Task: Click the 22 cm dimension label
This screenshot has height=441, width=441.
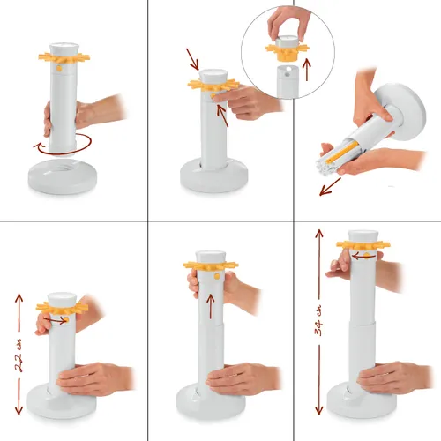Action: [x=19, y=355]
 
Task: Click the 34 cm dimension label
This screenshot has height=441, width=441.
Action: [x=318, y=321]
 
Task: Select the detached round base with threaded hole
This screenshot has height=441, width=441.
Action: [x=63, y=176]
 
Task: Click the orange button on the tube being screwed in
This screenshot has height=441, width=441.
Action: [x=59, y=69]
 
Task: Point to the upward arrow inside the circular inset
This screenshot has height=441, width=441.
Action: [x=307, y=70]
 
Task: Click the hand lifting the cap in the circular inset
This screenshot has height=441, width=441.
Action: [x=288, y=23]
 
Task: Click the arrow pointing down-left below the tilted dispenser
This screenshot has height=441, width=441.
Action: [x=330, y=186]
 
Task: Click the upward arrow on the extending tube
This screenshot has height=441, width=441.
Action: [x=211, y=306]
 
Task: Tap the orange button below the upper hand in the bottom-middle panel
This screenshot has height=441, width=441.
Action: [x=217, y=276]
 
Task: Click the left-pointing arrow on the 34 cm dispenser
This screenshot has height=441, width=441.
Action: [x=363, y=257]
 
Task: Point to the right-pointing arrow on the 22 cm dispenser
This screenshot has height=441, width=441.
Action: [x=55, y=320]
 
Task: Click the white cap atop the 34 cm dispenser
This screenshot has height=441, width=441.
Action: [x=363, y=236]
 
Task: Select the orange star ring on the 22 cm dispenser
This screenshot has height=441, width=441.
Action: [x=62, y=309]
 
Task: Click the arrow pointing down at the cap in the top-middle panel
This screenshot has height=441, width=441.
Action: [x=192, y=59]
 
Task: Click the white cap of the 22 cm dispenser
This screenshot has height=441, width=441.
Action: [x=62, y=299]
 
